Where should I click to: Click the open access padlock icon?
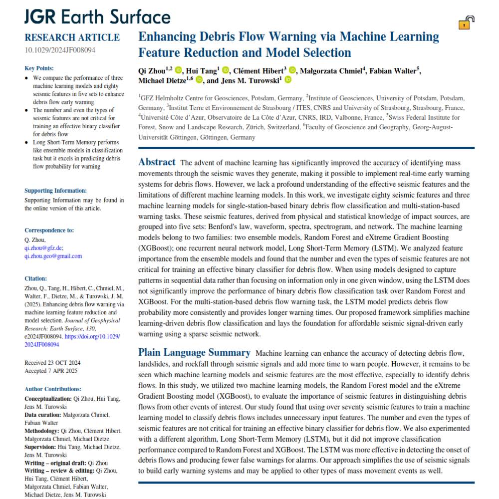466,22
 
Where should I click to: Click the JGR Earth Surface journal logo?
97,17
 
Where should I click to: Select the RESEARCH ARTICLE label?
72,37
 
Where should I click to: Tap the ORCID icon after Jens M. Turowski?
288,80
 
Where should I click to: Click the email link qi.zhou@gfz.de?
43,247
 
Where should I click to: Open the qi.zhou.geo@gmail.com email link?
53,256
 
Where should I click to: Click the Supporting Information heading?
55,190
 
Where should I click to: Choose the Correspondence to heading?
49,230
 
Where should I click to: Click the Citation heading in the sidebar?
35,278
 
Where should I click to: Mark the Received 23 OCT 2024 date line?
52,362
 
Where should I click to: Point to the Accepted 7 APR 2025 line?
51,371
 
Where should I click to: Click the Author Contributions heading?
53,389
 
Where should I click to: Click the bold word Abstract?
157,162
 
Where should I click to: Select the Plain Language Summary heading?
194,352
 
